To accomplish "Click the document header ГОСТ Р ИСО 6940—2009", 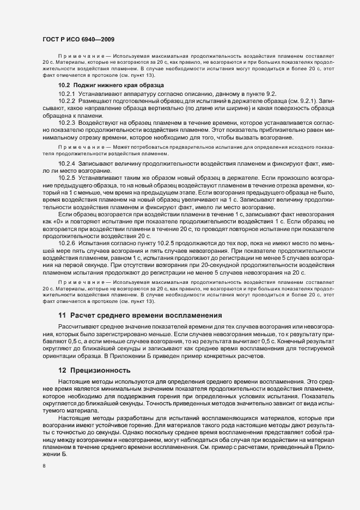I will click(x=79, y=39).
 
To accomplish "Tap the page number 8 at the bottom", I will click(x=44, y=466).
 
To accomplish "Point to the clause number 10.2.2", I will click(x=66, y=101).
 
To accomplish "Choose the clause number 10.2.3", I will click(x=66, y=124).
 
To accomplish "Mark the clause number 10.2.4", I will click(x=66, y=163).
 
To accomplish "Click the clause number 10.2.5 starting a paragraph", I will click(x=66, y=178).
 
